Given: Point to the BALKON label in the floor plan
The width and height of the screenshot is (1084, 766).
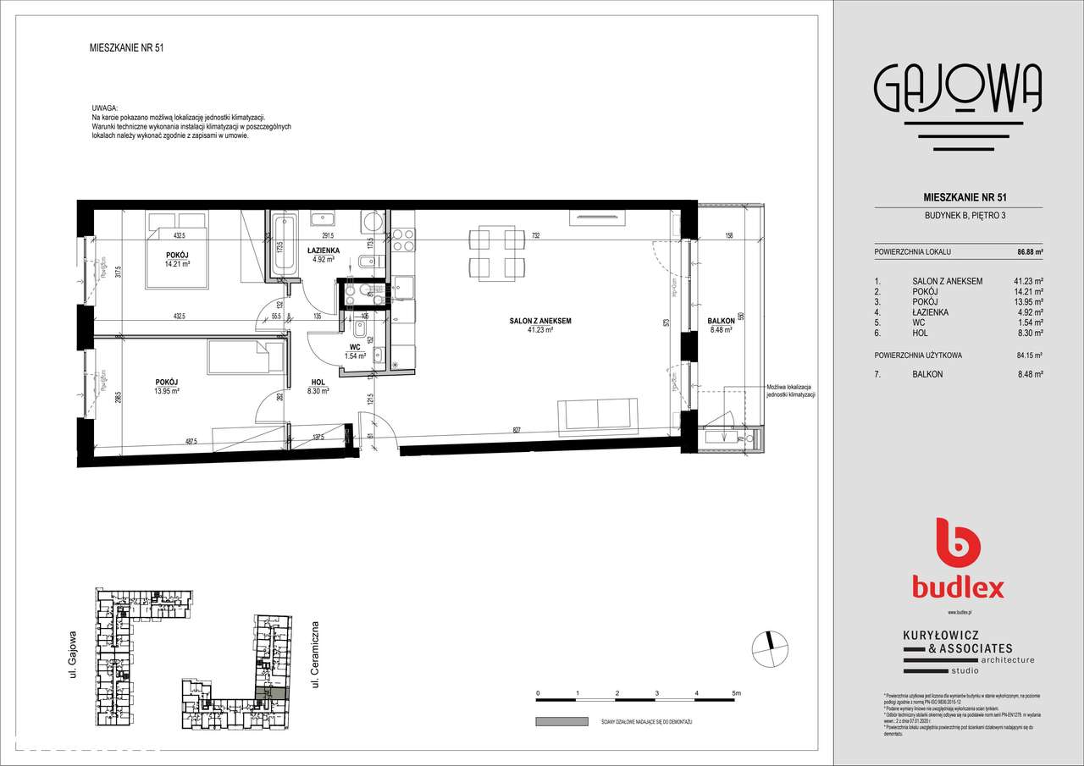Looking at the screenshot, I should point(722,321).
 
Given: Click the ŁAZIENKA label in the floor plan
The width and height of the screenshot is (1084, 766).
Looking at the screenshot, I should point(324,251).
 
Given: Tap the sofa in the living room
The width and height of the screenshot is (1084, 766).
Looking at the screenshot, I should point(596,415).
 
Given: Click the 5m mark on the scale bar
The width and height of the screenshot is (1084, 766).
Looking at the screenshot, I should point(736,692).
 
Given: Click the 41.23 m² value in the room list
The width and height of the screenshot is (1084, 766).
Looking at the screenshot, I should point(1029,281).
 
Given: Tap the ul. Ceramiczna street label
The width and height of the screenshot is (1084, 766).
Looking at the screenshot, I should point(314,653).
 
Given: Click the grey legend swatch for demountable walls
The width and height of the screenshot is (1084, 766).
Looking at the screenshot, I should point(561,721).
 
